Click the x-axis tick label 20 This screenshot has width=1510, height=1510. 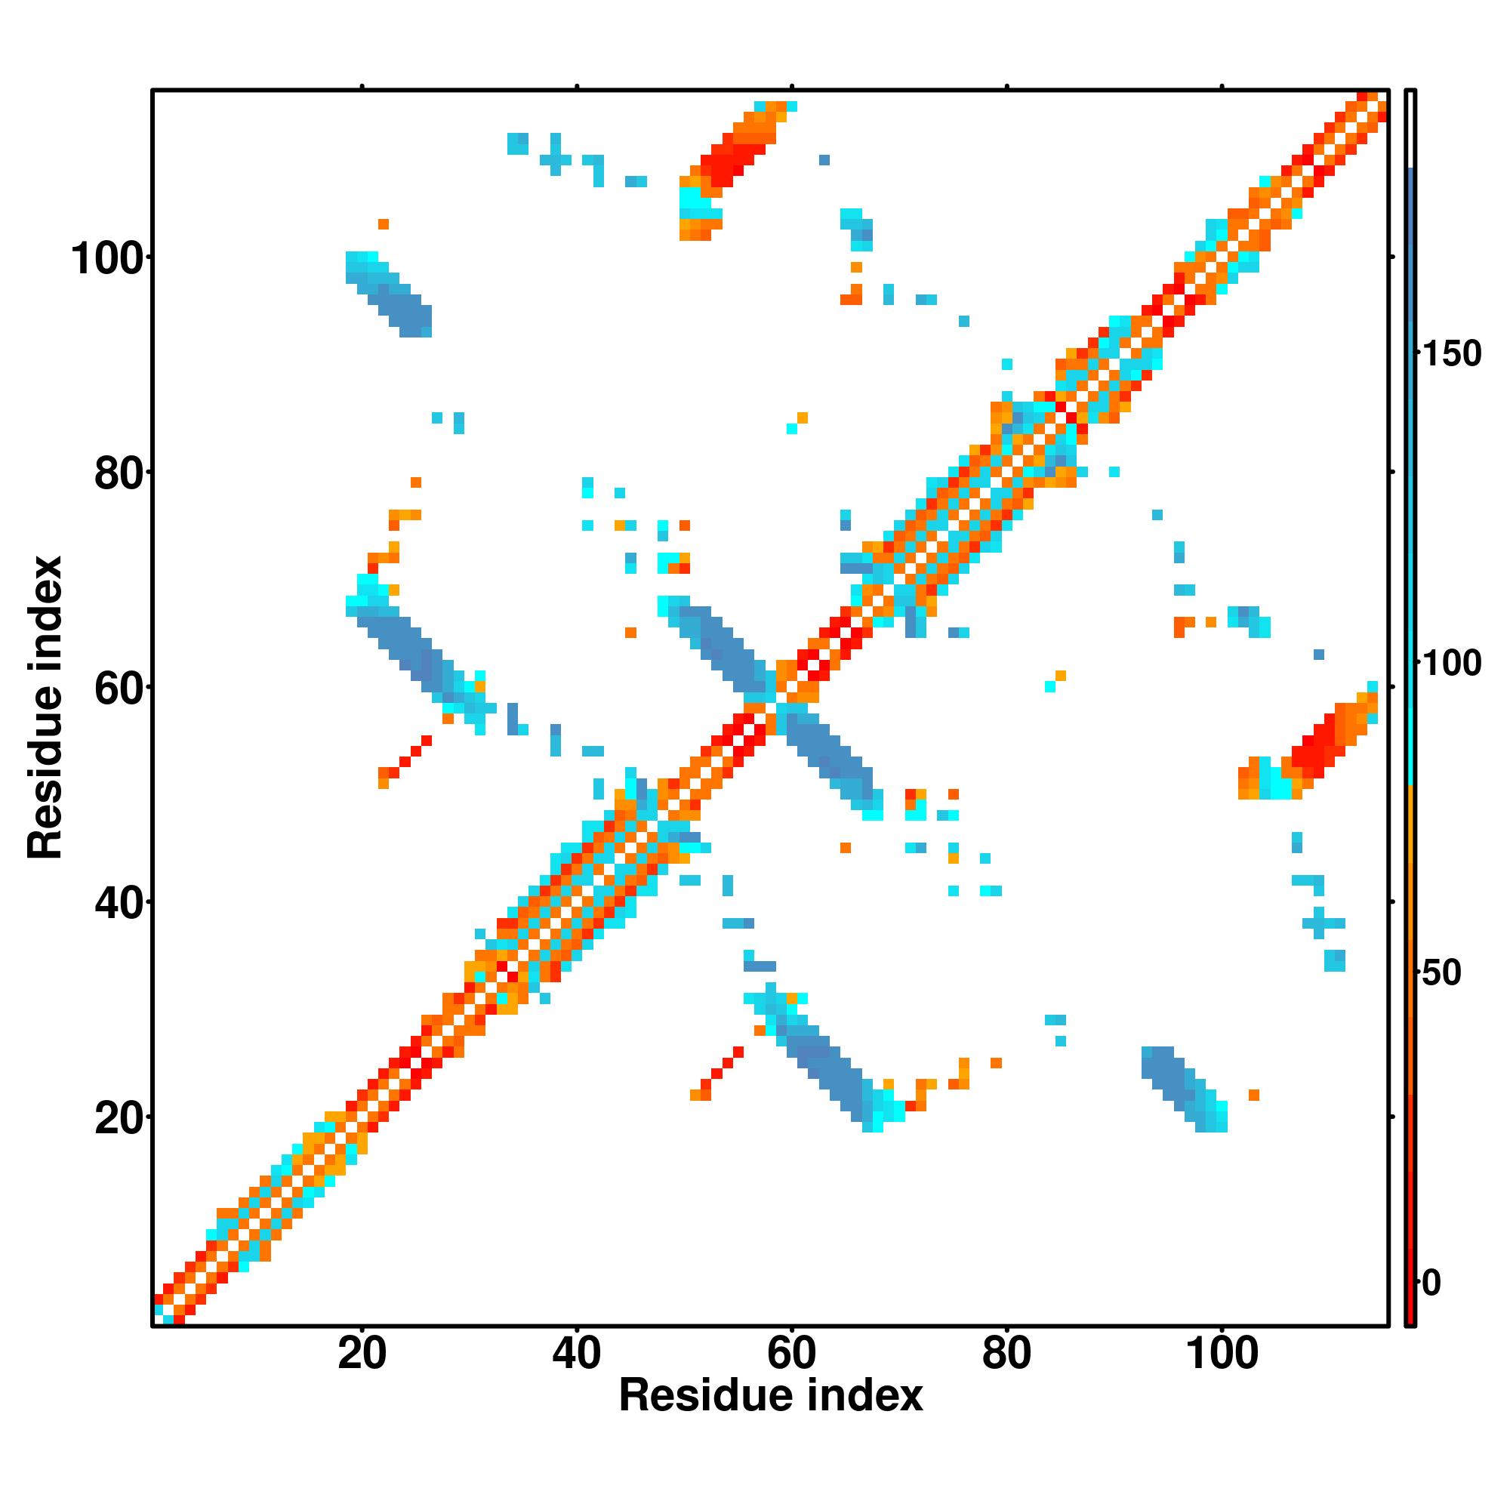click(x=362, y=1354)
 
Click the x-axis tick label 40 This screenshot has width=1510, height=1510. click(x=577, y=1354)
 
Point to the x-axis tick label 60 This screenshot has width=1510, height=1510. click(x=792, y=1354)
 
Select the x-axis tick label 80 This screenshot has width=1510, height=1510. click(x=1006, y=1354)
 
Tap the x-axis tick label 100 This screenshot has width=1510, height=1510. click(x=1222, y=1354)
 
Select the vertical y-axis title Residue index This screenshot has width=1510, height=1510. click(x=45, y=707)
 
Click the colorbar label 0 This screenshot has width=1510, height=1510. click(x=1431, y=1283)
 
